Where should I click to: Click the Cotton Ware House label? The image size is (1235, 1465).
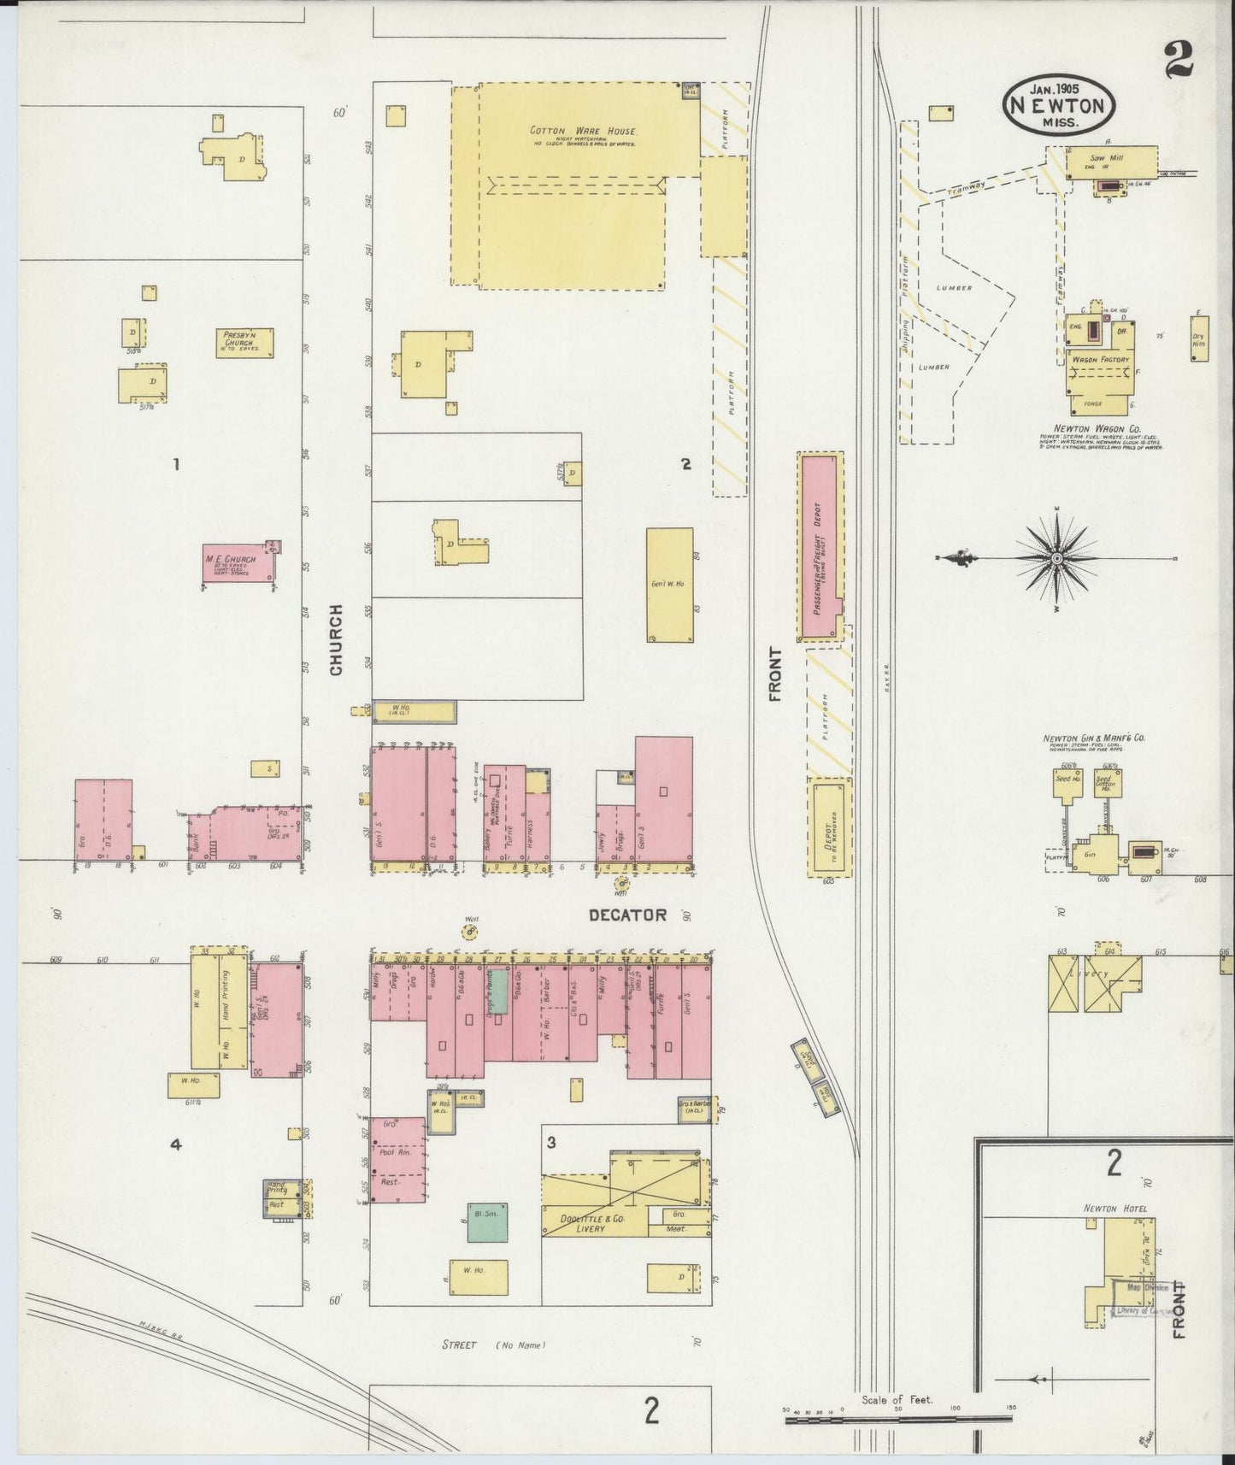pyautogui.click(x=584, y=132)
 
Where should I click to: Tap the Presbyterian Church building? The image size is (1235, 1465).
pyautogui.click(x=244, y=344)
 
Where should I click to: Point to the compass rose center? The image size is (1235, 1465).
pyautogui.click(x=1056, y=558)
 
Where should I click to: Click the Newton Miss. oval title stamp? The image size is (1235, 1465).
pyautogui.click(x=1059, y=105)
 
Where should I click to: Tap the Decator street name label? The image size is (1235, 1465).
pyautogui.click(x=627, y=915)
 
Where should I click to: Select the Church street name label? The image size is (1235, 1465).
pyautogui.click(x=336, y=640)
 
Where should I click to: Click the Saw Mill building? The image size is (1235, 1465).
pyautogui.click(x=1109, y=162)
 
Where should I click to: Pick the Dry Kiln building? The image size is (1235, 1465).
pyautogui.click(x=1198, y=339)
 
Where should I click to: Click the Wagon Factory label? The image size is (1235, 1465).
pyautogui.click(x=1100, y=360)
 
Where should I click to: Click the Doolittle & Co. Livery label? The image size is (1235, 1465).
pyautogui.click(x=590, y=1223)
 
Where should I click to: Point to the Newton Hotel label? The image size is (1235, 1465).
pyautogui.click(x=1115, y=1209)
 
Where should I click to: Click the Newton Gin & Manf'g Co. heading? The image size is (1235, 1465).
pyautogui.click(x=1092, y=738)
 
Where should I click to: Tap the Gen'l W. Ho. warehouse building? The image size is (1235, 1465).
pyautogui.click(x=669, y=585)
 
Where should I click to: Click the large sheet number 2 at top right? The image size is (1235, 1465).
pyautogui.click(x=1178, y=59)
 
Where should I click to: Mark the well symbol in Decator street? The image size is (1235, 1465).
pyautogui.click(x=469, y=931)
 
